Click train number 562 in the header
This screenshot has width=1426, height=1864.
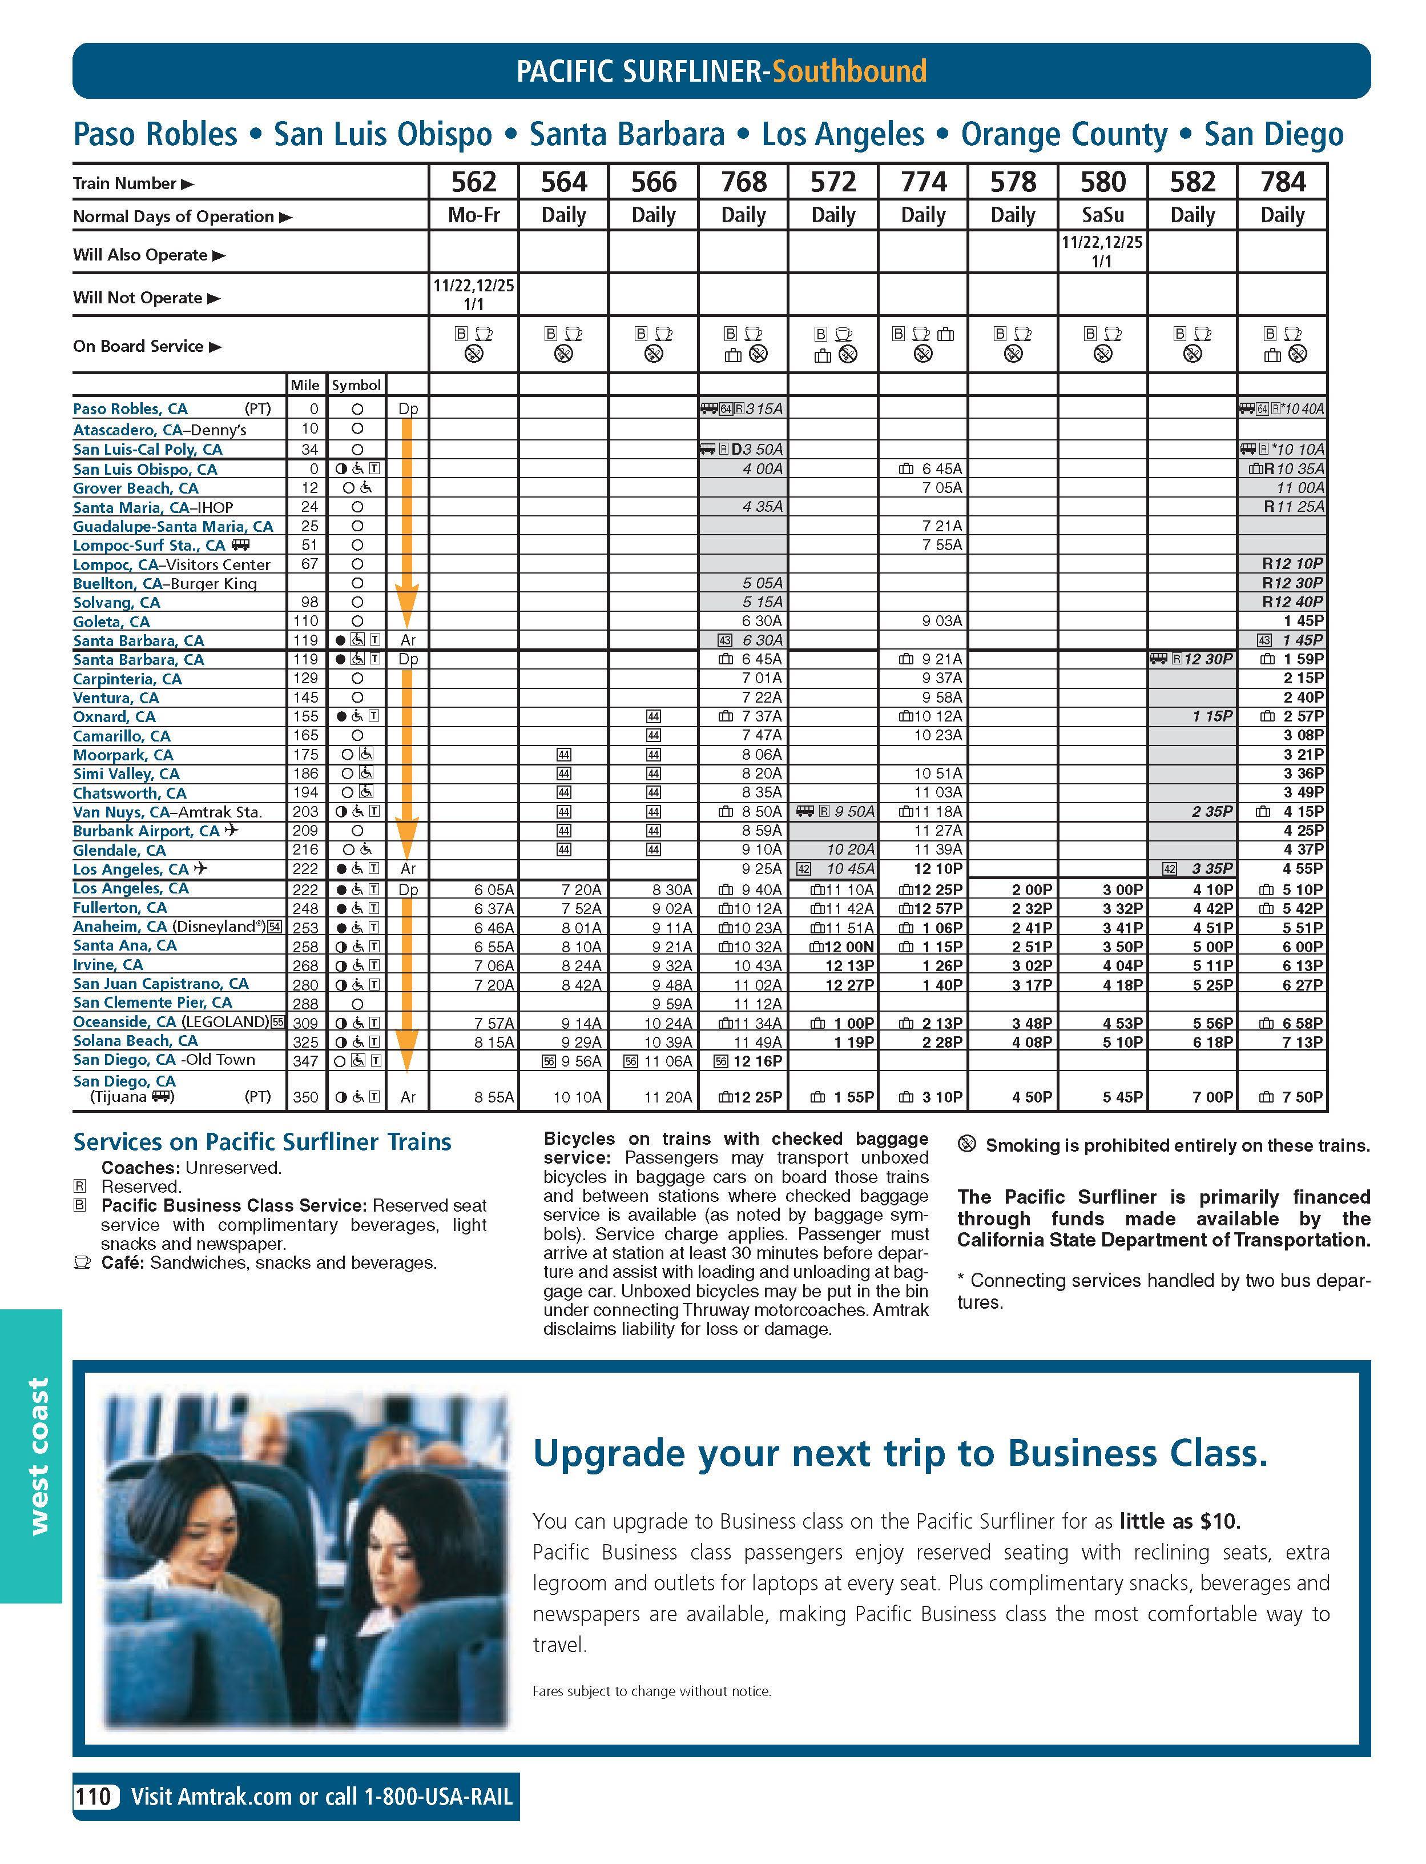[x=474, y=182]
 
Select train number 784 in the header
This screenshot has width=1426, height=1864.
[x=1283, y=182]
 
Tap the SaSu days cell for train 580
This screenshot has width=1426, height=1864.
[x=1102, y=215]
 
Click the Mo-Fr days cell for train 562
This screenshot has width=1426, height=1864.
[x=474, y=215]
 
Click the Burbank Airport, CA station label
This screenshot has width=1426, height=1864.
[x=146, y=831]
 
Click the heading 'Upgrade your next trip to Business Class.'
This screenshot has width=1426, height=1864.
[x=900, y=1453]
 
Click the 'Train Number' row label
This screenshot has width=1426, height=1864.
[x=125, y=183]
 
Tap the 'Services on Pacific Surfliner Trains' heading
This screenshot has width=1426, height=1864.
[x=262, y=1141]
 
